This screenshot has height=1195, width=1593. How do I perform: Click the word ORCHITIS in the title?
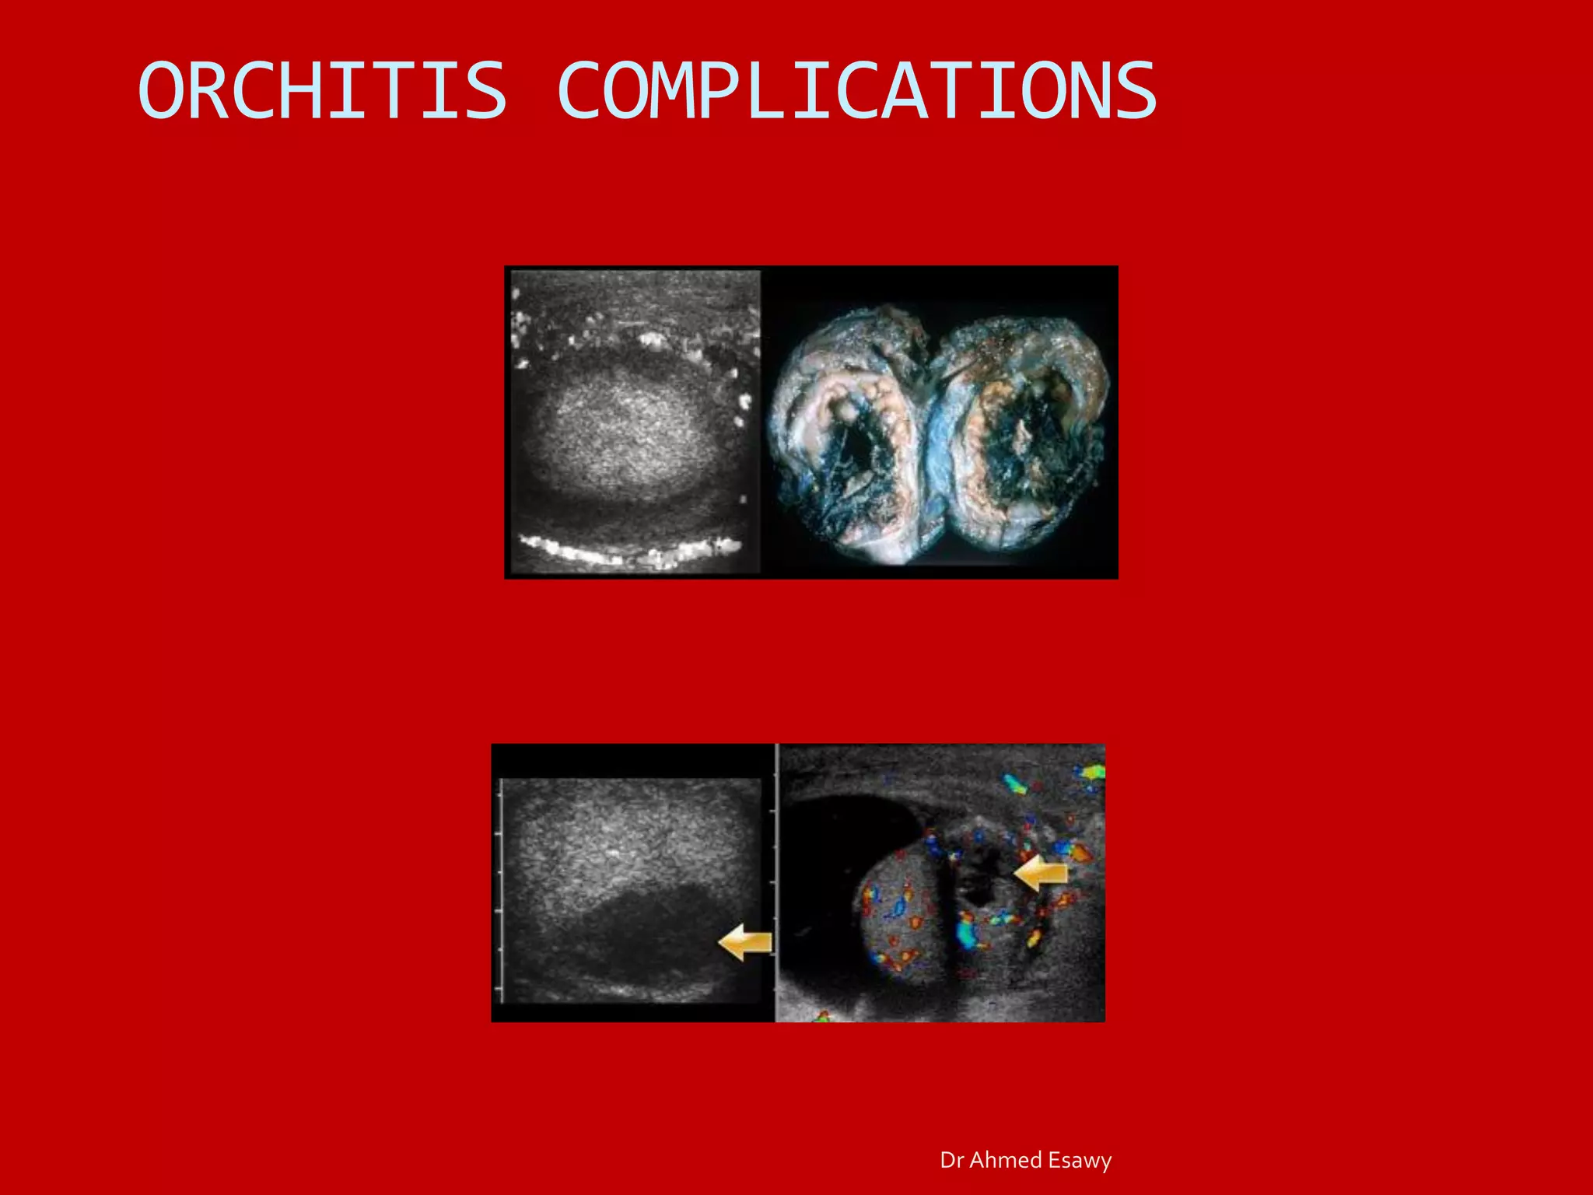point(322,91)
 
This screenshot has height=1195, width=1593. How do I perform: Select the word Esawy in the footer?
point(1080,1160)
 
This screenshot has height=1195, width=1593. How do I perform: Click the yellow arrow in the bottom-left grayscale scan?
point(744,943)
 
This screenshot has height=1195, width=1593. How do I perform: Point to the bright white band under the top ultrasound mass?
point(630,551)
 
